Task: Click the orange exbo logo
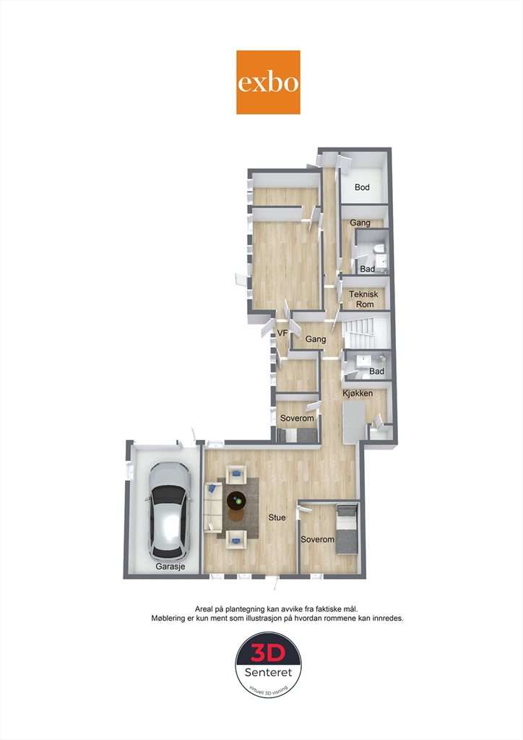coord(268,82)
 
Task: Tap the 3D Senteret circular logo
coord(268,666)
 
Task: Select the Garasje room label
coord(170,567)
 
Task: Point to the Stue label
coord(277,517)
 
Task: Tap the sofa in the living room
coord(212,507)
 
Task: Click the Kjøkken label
coord(358,393)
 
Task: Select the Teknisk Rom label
coord(363,299)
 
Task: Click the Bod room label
coord(362,187)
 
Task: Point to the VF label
coord(282,333)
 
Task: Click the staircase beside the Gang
coord(365,332)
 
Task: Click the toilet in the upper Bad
coord(378,249)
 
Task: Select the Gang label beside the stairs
coord(316,339)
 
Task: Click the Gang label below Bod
coord(360,223)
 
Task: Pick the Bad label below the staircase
coord(376,371)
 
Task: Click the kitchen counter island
coord(354,421)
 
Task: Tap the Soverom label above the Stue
coord(297,418)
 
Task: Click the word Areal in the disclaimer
coord(204,608)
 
